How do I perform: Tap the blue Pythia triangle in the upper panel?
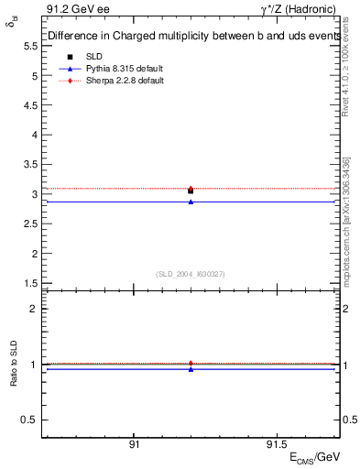pos(191,202)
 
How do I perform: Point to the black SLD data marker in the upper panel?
pos(191,191)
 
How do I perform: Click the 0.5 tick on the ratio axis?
pos(29,420)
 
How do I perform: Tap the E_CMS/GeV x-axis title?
pos(314,457)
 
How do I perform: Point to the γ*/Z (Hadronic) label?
pos(300,12)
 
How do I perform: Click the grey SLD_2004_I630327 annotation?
pos(191,274)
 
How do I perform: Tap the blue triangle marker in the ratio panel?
pos(191,369)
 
